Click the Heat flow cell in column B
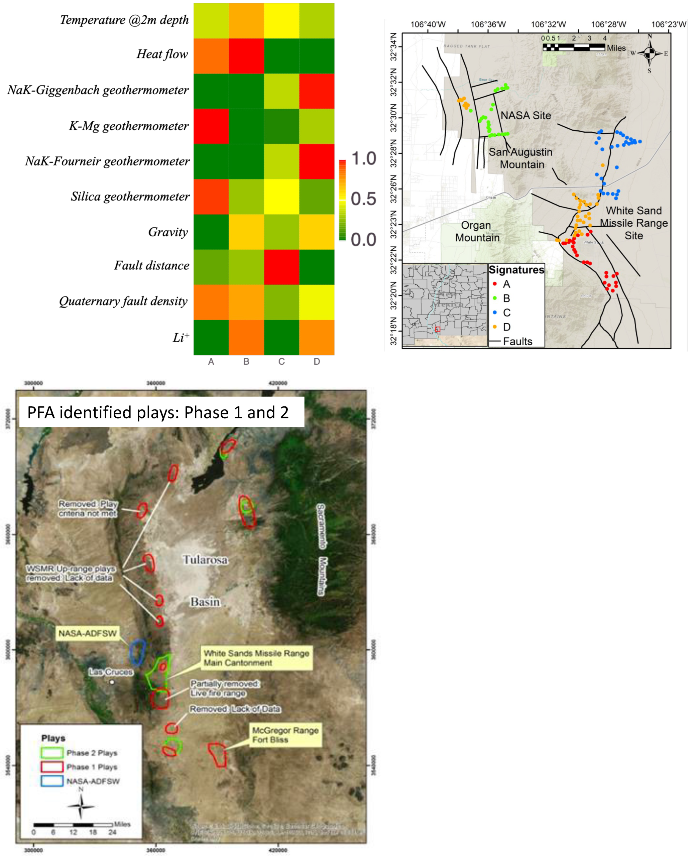[x=246, y=56]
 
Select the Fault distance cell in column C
[x=281, y=267]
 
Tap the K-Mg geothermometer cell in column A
[x=211, y=126]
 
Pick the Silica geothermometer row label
[x=130, y=197]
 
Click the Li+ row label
[x=181, y=338]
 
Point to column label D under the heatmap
[x=317, y=362]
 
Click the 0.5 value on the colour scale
[x=363, y=199]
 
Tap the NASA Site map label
[x=526, y=116]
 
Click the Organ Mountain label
[x=477, y=231]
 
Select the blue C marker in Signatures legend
[x=495, y=313]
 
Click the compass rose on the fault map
[x=650, y=53]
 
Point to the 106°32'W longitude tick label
[x=548, y=24]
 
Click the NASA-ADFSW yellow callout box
[x=88, y=633]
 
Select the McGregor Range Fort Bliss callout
[x=285, y=735]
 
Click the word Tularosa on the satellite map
[x=205, y=560]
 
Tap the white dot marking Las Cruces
[x=112, y=682]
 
